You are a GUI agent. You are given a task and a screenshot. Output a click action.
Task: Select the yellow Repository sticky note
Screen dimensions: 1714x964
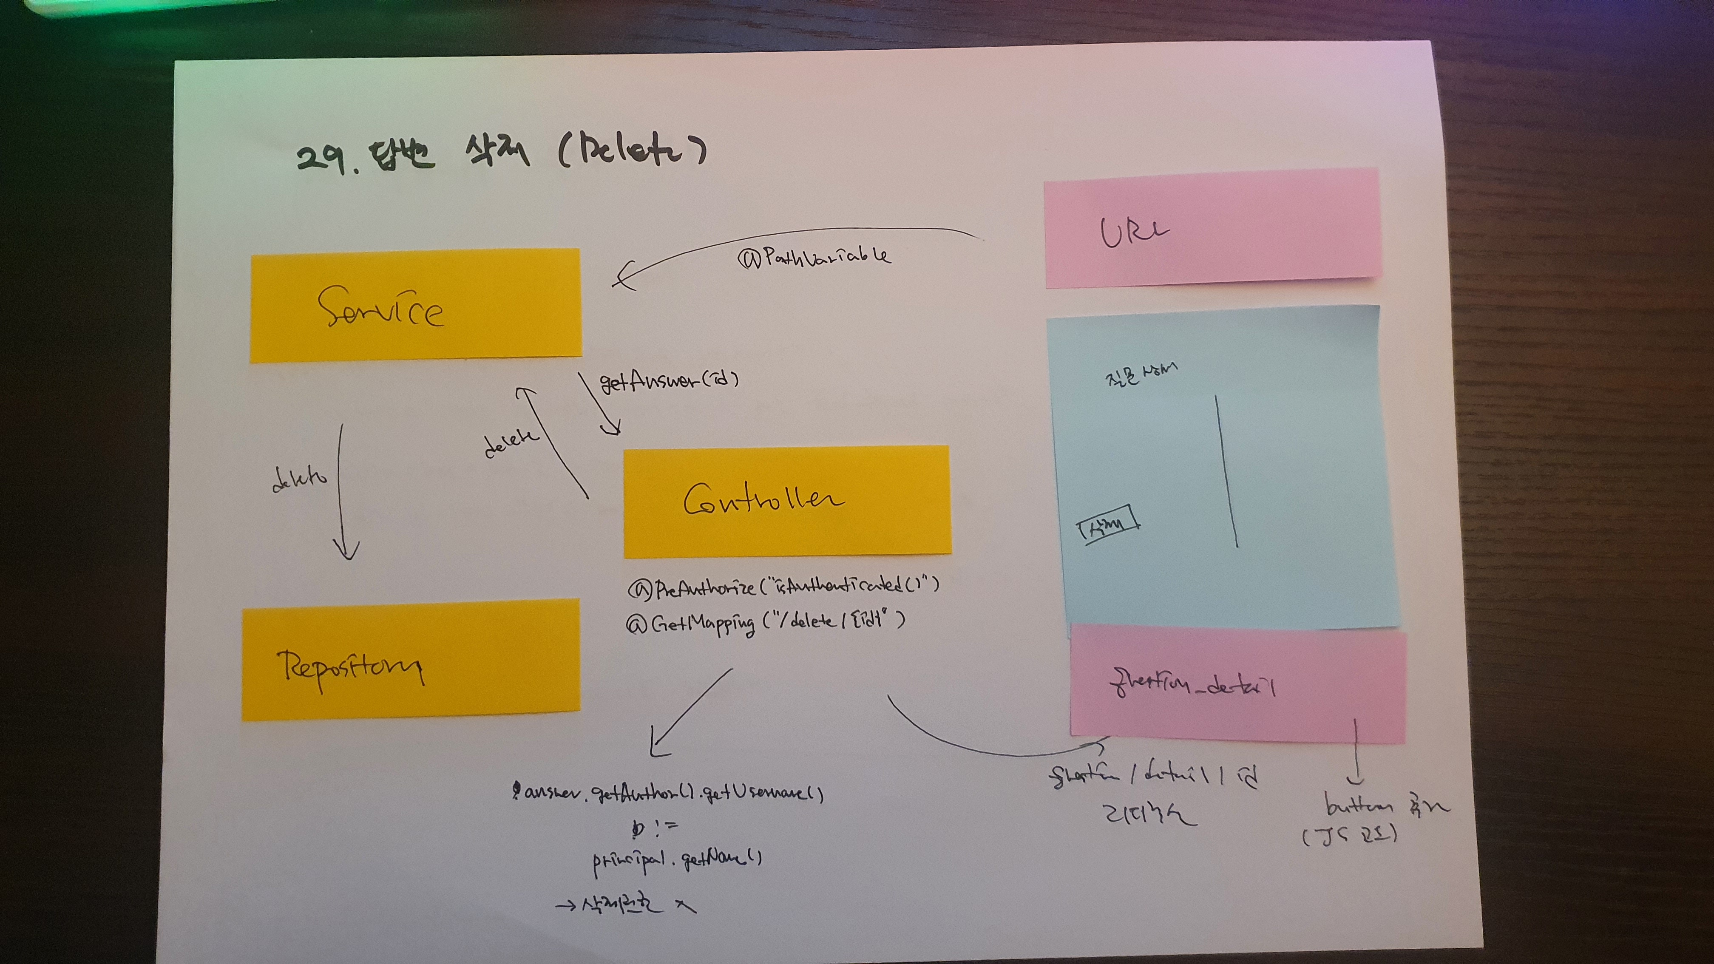tap(411, 661)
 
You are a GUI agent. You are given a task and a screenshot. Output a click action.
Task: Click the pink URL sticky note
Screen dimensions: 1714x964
tap(1211, 228)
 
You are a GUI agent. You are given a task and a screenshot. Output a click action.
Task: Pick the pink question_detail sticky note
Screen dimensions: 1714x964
tap(1237, 685)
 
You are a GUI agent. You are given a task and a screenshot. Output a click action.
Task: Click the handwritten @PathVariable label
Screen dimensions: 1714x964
tap(814, 257)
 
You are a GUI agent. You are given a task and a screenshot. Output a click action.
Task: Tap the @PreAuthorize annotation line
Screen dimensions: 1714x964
tap(783, 587)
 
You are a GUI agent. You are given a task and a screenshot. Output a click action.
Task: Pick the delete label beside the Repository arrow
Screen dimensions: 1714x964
tap(299, 479)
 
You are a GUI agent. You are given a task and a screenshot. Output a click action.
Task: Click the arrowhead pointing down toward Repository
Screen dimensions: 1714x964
tap(346, 551)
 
